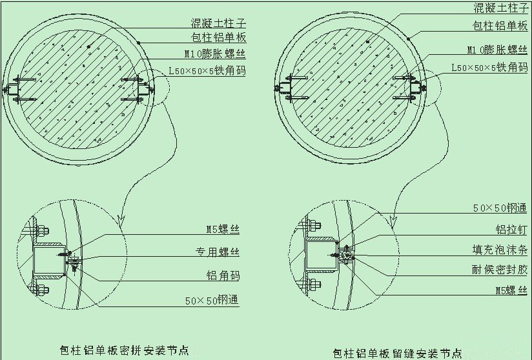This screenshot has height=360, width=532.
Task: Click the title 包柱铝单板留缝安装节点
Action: pyautogui.click(x=397, y=353)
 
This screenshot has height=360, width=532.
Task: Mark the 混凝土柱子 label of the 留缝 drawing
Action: pyautogui.click(x=501, y=8)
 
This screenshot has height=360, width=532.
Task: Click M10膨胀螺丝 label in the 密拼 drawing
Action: pyautogui.click(x=214, y=54)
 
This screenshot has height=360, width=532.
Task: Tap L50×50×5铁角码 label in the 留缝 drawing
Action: pyautogui.click(x=489, y=66)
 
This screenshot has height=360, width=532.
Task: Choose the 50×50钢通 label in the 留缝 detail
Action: pyautogui.click(x=499, y=208)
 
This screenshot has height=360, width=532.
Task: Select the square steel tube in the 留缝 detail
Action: pyautogui.click(x=320, y=257)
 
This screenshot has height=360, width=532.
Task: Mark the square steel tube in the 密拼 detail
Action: pyautogui.click(x=49, y=260)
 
